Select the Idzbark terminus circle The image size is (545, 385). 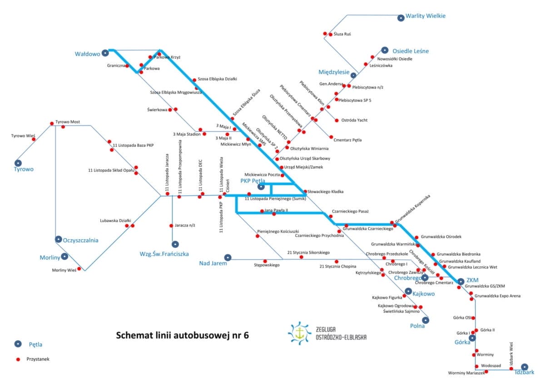(x=525, y=367)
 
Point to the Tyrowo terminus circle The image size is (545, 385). (x=18, y=163)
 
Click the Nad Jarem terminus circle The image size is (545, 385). (x=228, y=257)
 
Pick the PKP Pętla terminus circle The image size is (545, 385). (x=261, y=186)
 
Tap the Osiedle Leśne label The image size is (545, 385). (x=411, y=51)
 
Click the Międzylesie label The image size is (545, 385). (x=334, y=72)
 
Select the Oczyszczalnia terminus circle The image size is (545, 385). (x=58, y=239)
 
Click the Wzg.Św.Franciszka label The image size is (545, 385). (x=164, y=254)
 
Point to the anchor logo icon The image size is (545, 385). (x=299, y=333)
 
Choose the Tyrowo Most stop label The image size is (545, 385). (x=67, y=122)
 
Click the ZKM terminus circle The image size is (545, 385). (x=461, y=281)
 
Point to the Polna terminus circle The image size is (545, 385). (x=425, y=320)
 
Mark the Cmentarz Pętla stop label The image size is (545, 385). (x=347, y=140)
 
